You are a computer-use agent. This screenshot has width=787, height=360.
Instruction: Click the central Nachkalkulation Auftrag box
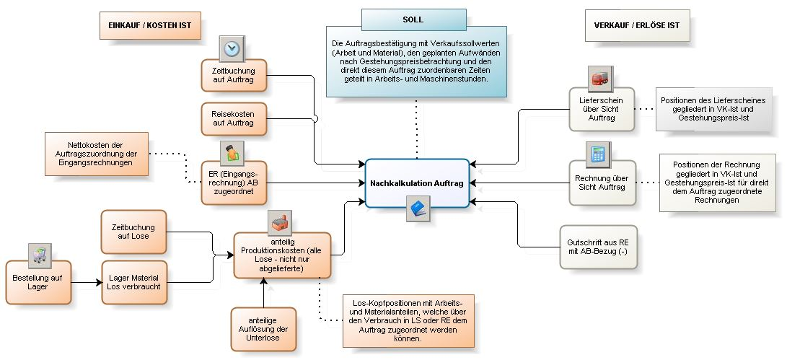pos(417,183)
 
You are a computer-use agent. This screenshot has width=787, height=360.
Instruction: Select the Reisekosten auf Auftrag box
pos(233,118)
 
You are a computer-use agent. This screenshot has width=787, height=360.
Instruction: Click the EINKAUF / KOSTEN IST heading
pos(150,25)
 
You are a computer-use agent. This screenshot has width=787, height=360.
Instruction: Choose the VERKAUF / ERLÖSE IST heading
pos(636,25)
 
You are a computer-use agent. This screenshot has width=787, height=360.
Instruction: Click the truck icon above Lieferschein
pos(599,76)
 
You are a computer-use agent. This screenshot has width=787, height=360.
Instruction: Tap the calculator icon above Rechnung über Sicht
pos(598,154)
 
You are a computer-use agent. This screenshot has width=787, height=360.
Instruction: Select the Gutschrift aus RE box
pos(598,247)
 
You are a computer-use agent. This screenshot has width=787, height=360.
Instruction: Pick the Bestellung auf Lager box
pos(39,281)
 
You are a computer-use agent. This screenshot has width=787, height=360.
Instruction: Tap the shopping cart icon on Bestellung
pos(39,254)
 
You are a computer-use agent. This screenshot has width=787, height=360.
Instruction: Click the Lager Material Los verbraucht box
pos(134,282)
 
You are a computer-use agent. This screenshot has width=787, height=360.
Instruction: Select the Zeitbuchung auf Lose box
pos(134,232)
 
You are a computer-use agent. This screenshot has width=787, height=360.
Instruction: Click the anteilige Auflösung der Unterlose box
pos(263,329)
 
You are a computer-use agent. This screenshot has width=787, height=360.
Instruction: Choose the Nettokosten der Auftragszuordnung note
pos(97,154)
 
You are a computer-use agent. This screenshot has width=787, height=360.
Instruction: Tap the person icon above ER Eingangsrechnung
pos(232,153)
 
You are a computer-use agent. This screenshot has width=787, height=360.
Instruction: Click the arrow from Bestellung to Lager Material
pos(86,282)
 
